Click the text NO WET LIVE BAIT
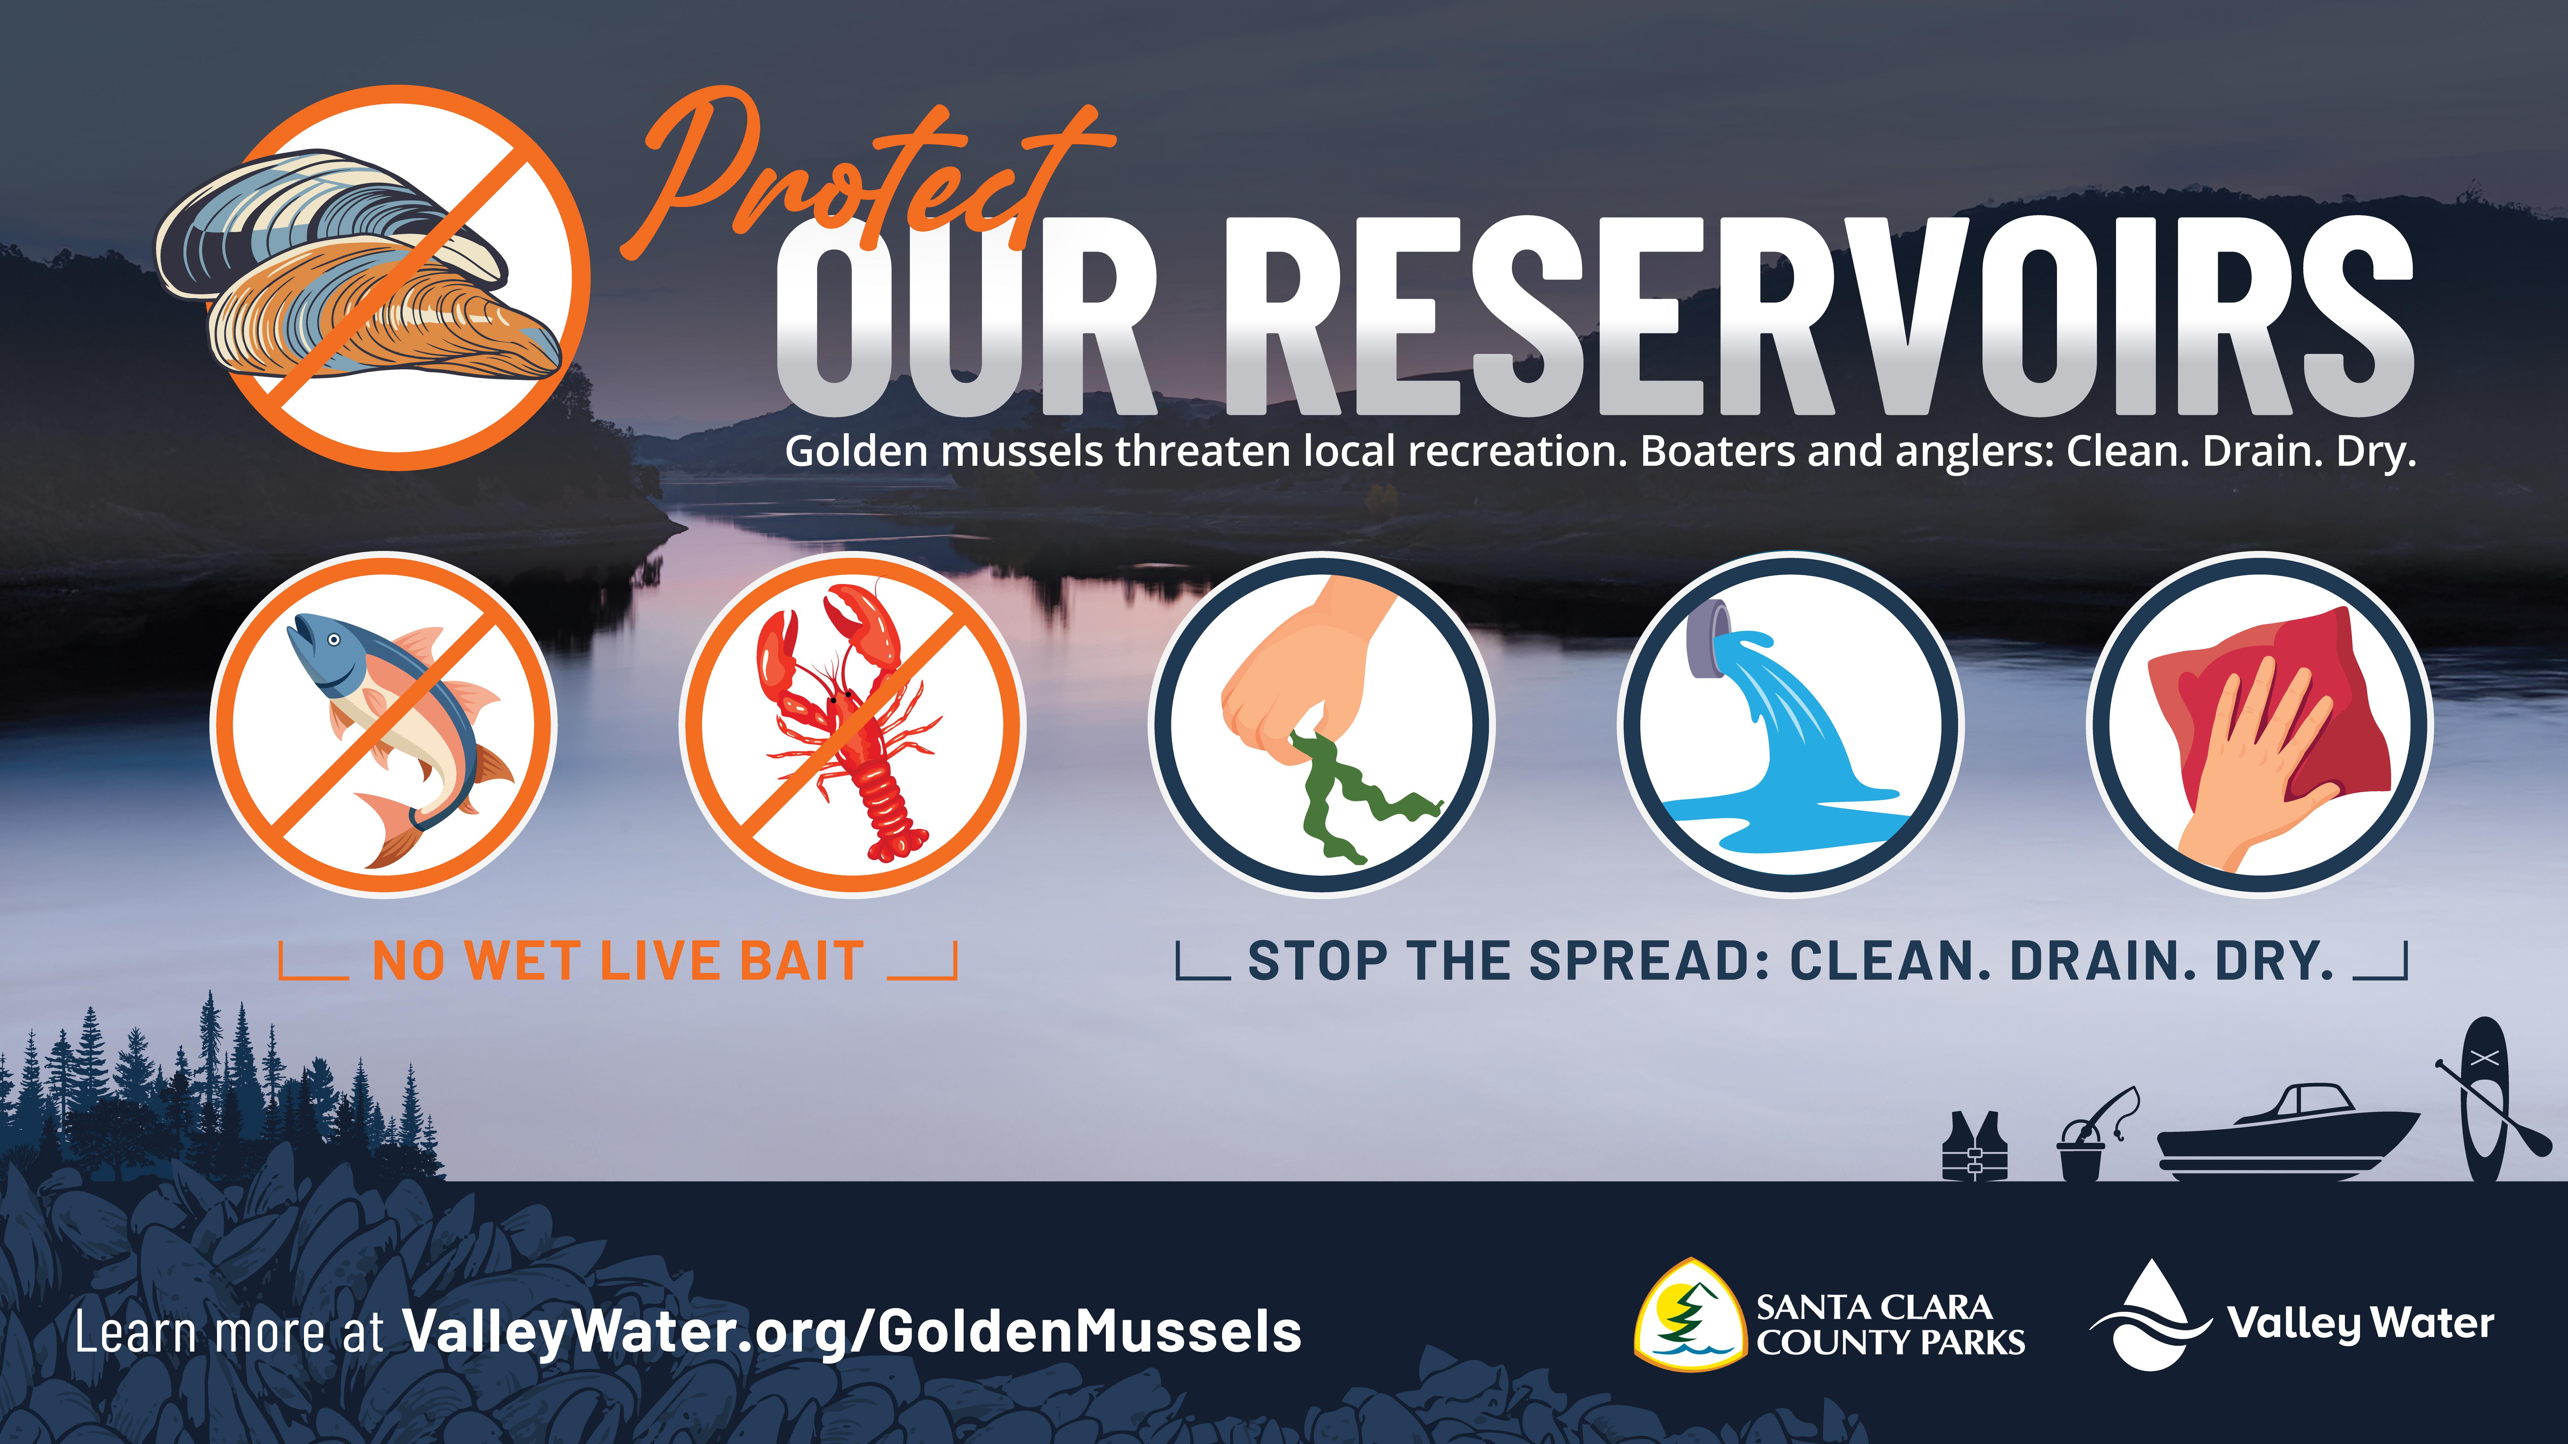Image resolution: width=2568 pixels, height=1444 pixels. pyautogui.click(x=618, y=962)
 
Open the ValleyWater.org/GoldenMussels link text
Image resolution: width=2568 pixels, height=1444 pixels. pyautogui.click(x=852, y=1332)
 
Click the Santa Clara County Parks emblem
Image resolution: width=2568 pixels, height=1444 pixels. pyautogui.click(x=1690, y=1315)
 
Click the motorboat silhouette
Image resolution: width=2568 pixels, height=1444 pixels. pyautogui.click(x=2288, y=1136)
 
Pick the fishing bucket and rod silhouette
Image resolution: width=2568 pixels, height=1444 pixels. pyautogui.click(x=2094, y=1136)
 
